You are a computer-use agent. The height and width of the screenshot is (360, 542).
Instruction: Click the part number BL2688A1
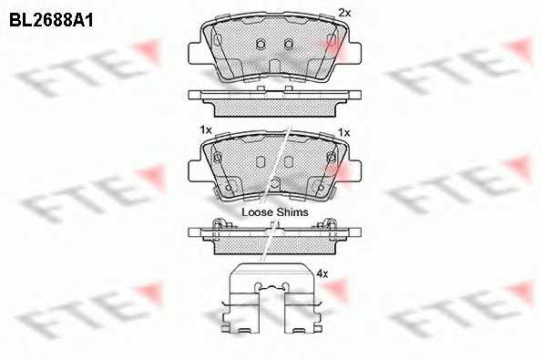click(x=51, y=21)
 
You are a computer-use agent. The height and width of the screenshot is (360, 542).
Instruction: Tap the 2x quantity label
click(x=344, y=13)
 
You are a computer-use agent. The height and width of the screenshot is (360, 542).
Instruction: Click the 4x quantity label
click(x=322, y=274)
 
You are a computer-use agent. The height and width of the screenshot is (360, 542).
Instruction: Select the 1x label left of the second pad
click(x=206, y=130)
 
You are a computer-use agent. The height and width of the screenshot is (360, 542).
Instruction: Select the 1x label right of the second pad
click(x=344, y=132)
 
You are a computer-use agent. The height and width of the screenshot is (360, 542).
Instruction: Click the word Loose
click(x=257, y=212)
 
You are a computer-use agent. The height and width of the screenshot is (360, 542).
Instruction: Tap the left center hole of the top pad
click(x=261, y=44)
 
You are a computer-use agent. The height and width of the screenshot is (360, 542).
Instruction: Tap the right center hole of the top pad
click(x=289, y=44)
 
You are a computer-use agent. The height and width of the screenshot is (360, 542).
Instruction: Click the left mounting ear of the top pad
click(x=195, y=53)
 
